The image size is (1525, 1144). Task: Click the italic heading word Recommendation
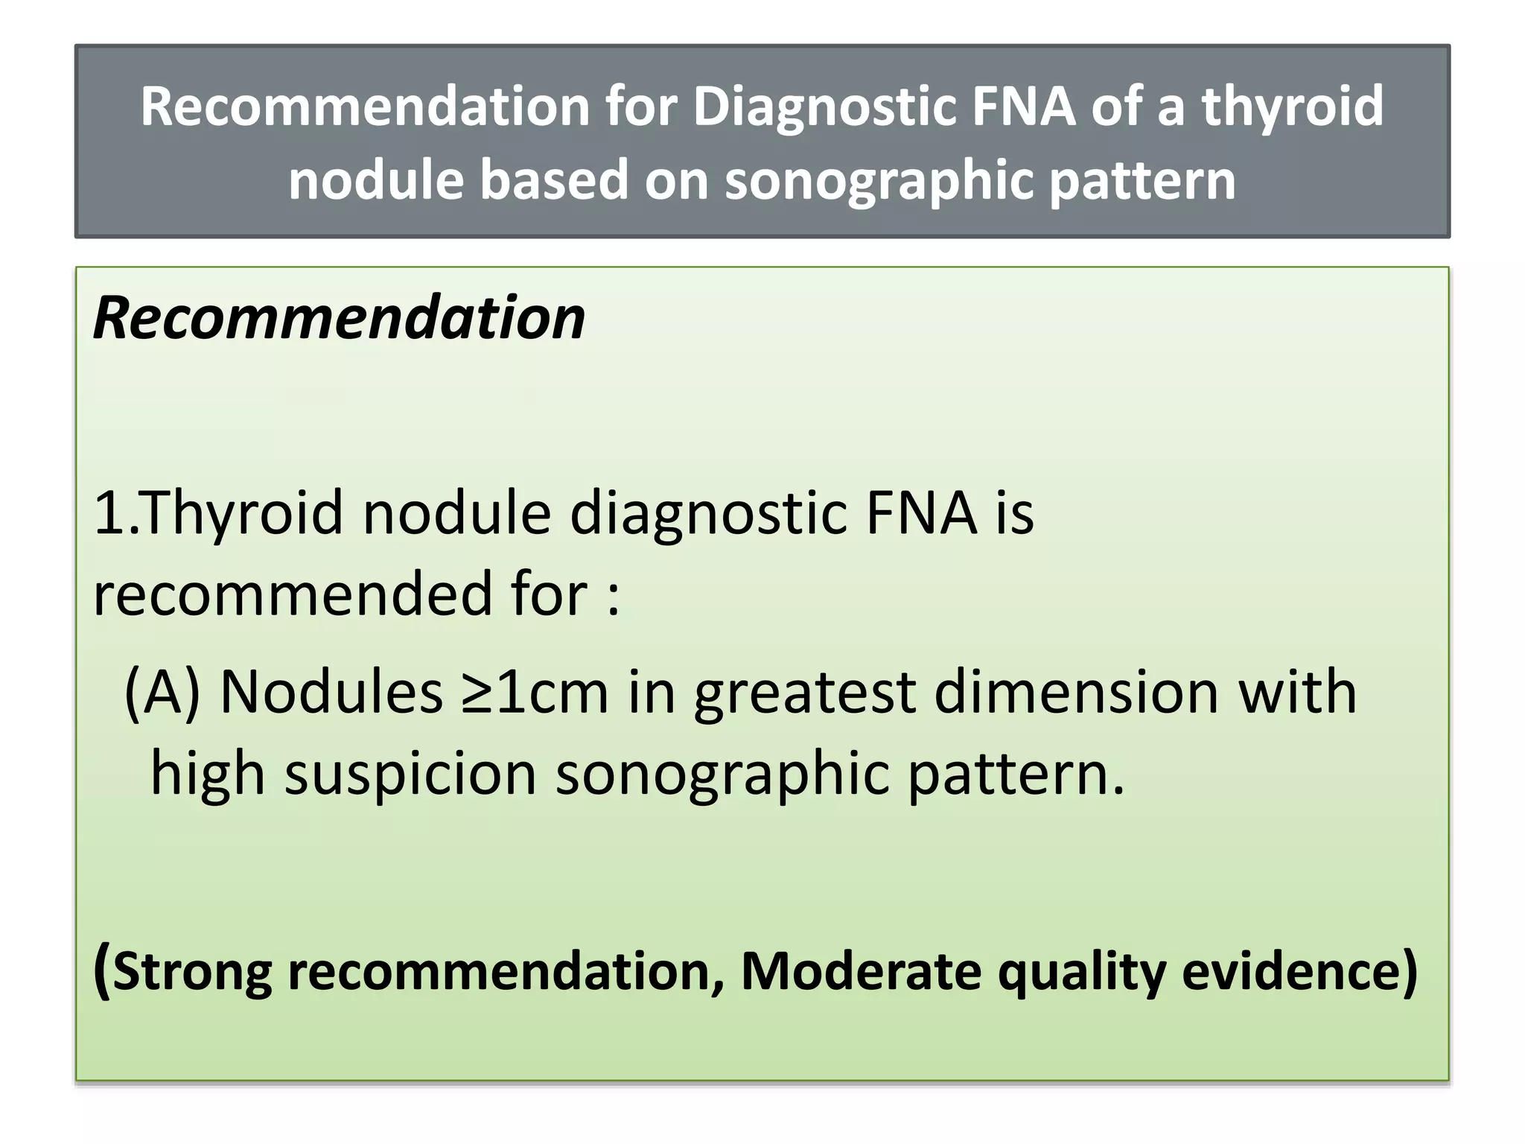click(x=340, y=319)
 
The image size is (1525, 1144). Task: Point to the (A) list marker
click(x=162, y=693)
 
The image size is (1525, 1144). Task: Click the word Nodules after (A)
click(x=332, y=693)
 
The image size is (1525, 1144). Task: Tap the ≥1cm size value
click(x=535, y=693)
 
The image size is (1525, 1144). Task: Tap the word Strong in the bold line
click(x=192, y=972)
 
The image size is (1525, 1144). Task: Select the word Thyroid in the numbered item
click(x=243, y=514)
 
